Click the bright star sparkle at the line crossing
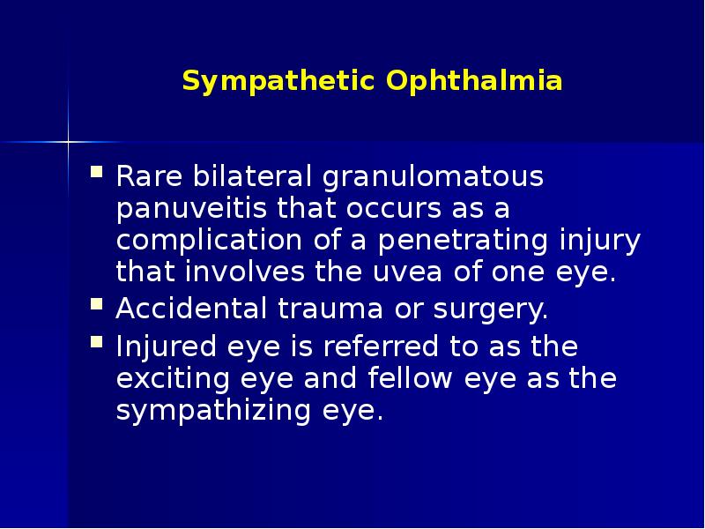point(68,140)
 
